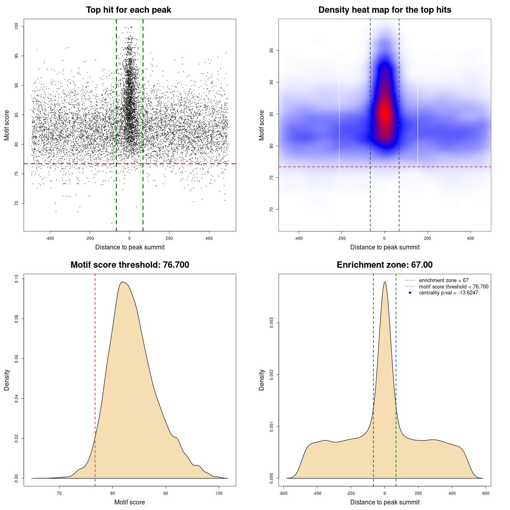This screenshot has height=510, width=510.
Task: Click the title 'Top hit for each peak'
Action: pyautogui.click(x=128, y=10)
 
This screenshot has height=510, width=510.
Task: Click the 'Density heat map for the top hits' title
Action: pyautogui.click(x=384, y=10)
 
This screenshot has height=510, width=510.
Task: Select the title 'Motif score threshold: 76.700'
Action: pyautogui.click(x=129, y=265)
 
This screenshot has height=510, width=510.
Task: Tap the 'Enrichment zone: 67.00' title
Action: pyautogui.click(x=384, y=265)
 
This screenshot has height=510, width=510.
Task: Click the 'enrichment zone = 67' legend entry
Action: pyautogui.click(x=443, y=280)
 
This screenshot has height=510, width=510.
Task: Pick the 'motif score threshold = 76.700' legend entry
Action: pyautogui.click(x=453, y=286)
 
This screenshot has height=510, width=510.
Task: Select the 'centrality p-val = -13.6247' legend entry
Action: pyautogui.click(x=448, y=293)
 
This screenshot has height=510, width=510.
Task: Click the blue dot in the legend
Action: pyautogui.click(x=410, y=293)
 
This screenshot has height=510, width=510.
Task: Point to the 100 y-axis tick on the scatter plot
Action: pyautogui.click(x=17, y=26)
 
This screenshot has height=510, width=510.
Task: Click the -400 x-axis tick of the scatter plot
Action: pyautogui.click(x=50, y=238)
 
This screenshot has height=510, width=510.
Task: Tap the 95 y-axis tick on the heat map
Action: pyautogui.click(x=272, y=50)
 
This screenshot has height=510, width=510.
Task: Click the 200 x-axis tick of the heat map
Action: pyautogui.click(x=428, y=238)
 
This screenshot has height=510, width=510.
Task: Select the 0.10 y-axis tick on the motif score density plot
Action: pyautogui.click(x=17, y=279)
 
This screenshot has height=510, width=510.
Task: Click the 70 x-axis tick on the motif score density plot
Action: pyautogui.click(x=60, y=493)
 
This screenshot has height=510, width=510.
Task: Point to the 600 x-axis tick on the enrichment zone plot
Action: pyautogui.click(x=486, y=493)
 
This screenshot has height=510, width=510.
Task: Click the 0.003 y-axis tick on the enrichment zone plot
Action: pyautogui.click(x=272, y=323)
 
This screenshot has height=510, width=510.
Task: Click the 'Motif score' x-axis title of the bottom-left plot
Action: pyautogui.click(x=129, y=502)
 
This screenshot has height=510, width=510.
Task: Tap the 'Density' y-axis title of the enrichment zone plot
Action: pyautogui.click(x=262, y=380)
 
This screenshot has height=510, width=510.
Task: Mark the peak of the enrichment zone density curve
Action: pyautogui.click(x=384, y=282)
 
